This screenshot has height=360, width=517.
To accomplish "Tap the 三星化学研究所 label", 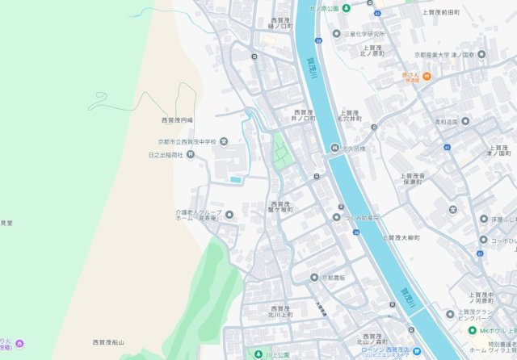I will (364, 34).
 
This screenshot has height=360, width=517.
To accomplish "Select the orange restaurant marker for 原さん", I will (427, 77).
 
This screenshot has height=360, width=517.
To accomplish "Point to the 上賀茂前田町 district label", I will (440, 13).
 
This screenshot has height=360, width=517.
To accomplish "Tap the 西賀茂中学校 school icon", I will (224, 141).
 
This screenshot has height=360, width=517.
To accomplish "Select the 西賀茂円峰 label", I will (178, 120).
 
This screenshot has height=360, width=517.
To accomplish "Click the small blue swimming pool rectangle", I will (235, 179).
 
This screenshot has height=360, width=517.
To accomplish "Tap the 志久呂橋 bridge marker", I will (335, 148).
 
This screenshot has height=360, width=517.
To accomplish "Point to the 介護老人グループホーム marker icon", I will (229, 215).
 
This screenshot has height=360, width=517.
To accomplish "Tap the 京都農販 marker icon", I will (314, 278).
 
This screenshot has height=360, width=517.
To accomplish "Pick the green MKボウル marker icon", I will (473, 330).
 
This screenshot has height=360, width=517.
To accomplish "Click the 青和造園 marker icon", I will (464, 122).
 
